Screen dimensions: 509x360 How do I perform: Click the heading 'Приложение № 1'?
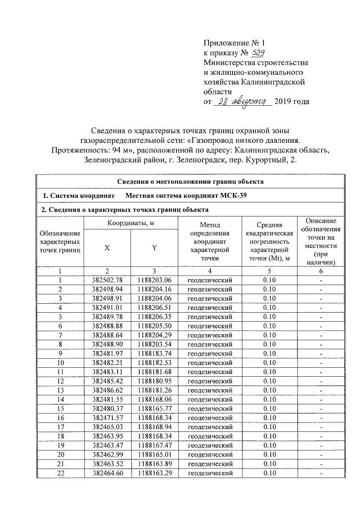point(232,42)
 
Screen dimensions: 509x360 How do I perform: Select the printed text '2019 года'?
point(292,102)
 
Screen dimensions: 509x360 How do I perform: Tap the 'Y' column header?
point(154,248)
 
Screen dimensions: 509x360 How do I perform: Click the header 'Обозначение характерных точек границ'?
point(60,241)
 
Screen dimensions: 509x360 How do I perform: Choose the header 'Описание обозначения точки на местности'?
point(321,241)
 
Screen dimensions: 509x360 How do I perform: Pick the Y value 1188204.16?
point(154,289)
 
